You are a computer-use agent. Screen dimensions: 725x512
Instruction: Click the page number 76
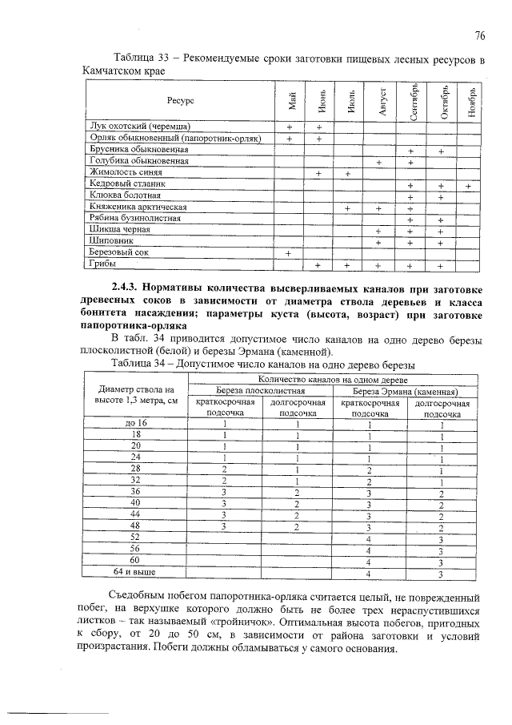pyautogui.click(x=480, y=35)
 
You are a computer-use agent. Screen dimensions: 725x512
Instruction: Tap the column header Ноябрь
pyautogui.click(x=473, y=101)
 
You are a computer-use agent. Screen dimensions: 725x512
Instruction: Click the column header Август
pyautogui.click(x=382, y=101)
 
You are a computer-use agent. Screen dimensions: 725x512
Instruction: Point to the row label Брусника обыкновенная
pyautogui.click(x=138, y=150)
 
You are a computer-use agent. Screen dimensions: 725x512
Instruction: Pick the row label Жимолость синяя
pyautogui.click(x=126, y=172)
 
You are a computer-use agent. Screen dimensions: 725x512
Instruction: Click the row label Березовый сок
pyautogui.click(x=120, y=252)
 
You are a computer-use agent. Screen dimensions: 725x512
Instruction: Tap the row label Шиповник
pyautogui.click(x=111, y=240)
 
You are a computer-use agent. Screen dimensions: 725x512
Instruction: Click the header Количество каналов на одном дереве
pyautogui.click(x=331, y=378)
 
